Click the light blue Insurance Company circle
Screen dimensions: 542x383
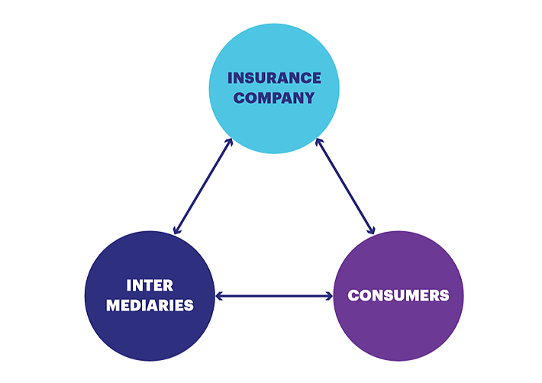coord(274,89)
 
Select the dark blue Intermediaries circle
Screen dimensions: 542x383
coord(150,296)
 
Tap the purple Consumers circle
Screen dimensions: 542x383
coord(398,296)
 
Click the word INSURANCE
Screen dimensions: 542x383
coord(274,78)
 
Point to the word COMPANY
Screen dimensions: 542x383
coord(274,98)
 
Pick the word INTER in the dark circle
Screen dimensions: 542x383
coord(150,285)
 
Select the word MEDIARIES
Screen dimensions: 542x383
coord(150,305)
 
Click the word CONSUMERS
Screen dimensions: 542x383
coord(398,295)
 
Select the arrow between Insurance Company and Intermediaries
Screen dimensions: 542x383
coord(203,186)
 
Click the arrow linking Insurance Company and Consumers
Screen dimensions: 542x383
coord(345,186)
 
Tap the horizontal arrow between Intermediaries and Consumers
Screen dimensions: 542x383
coord(274,296)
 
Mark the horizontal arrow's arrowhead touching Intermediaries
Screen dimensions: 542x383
coord(219,296)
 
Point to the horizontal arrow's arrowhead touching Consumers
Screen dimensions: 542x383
coord(329,296)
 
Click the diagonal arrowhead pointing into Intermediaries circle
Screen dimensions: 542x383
coord(176,230)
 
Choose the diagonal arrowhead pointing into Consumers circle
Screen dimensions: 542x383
coord(372,230)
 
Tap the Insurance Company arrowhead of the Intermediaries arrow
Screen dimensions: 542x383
coord(230,143)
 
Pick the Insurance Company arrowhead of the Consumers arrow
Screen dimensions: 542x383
coord(318,143)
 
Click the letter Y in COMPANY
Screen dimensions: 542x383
coord(309,98)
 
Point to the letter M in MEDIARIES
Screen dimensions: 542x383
coord(113,305)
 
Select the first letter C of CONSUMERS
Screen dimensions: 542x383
coord(353,295)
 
